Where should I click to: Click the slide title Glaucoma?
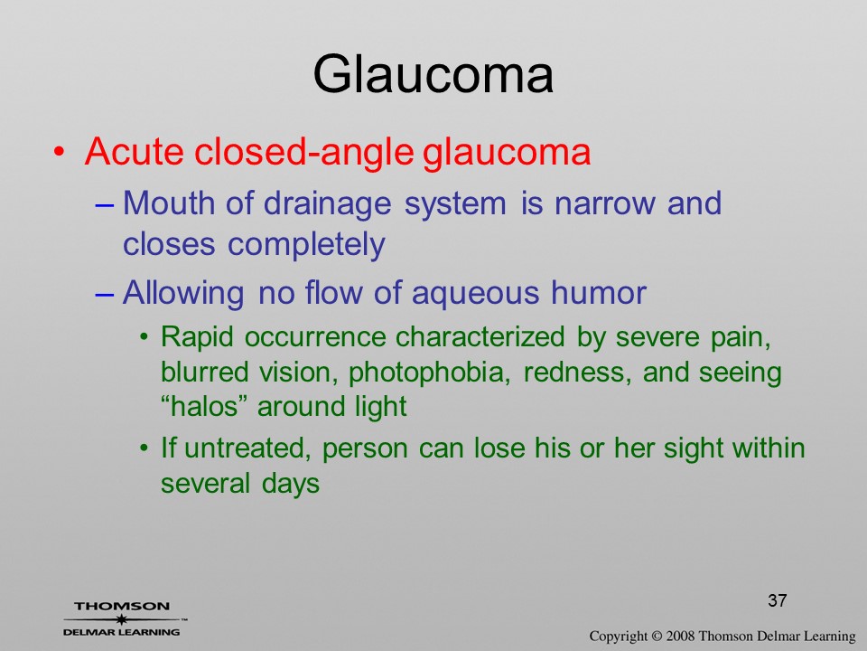pyautogui.click(x=433, y=74)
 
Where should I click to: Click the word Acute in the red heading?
pyautogui.click(x=135, y=151)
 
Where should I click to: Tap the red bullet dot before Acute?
pyautogui.click(x=60, y=152)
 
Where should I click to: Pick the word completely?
pyautogui.click(x=306, y=246)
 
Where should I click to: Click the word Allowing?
pyautogui.click(x=183, y=294)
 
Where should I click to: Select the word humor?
pyautogui.click(x=598, y=292)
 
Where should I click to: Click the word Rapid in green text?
pyautogui.click(x=197, y=337)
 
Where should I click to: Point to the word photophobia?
pyautogui.click(x=429, y=373)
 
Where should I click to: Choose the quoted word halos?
pyautogui.click(x=203, y=406)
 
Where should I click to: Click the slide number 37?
pyautogui.click(x=777, y=600)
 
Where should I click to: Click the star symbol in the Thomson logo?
pyautogui.click(x=121, y=618)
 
